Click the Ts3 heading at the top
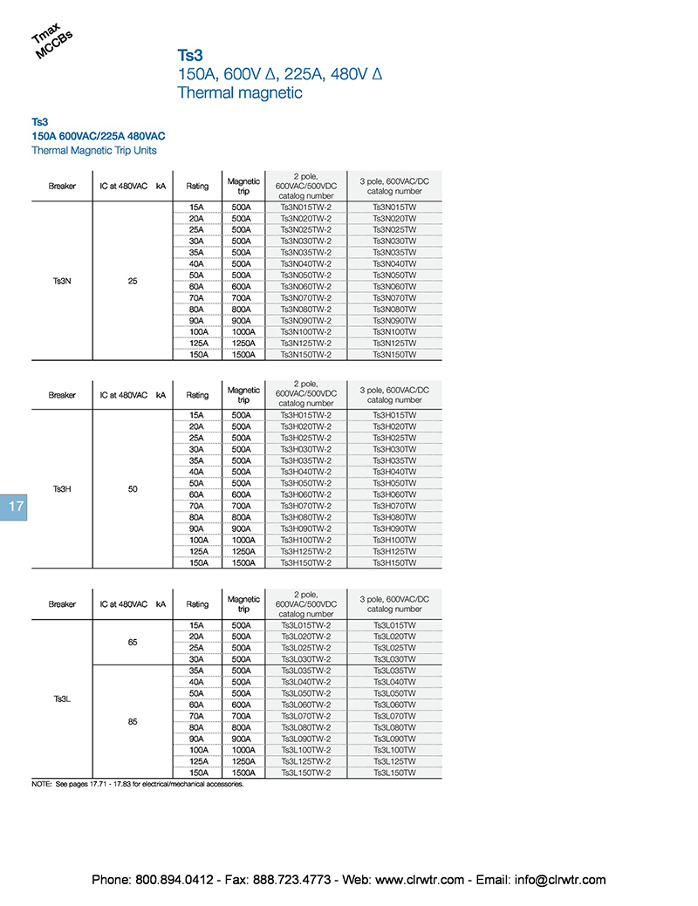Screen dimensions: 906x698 pyautogui.click(x=190, y=55)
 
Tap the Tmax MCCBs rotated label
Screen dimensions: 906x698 pyautogui.click(x=51, y=44)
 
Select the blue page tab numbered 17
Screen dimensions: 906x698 pyautogui.click(x=15, y=507)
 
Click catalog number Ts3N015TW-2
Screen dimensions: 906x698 pyautogui.click(x=305, y=207)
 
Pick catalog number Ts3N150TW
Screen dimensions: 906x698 pyautogui.click(x=394, y=355)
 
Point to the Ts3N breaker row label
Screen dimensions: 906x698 pyautogui.click(x=62, y=281)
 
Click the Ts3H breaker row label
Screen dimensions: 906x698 pyautogui.click(x=62, y=489)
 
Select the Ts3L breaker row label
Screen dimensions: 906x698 pyautogui.click(x=62, y=698)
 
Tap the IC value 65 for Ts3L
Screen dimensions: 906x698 pyautogui.click(x=133, y=642)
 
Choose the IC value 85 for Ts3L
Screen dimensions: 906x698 pyautogui.click(x=133, y=721)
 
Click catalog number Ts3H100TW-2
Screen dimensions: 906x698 pyautogui.click(x=305, y=541)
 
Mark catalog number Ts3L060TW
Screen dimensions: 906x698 pyautogui.click(x=394, y=705)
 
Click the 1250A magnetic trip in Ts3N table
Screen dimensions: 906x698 pyautogui.click(x=243, y=344)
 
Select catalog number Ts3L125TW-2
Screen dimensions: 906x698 pyautogui.click(x=305, y=761)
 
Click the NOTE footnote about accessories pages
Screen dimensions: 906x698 pyautogui.click(x=137, y=784)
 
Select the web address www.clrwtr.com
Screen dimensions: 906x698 pyautogui.click(x=420, y=880)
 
